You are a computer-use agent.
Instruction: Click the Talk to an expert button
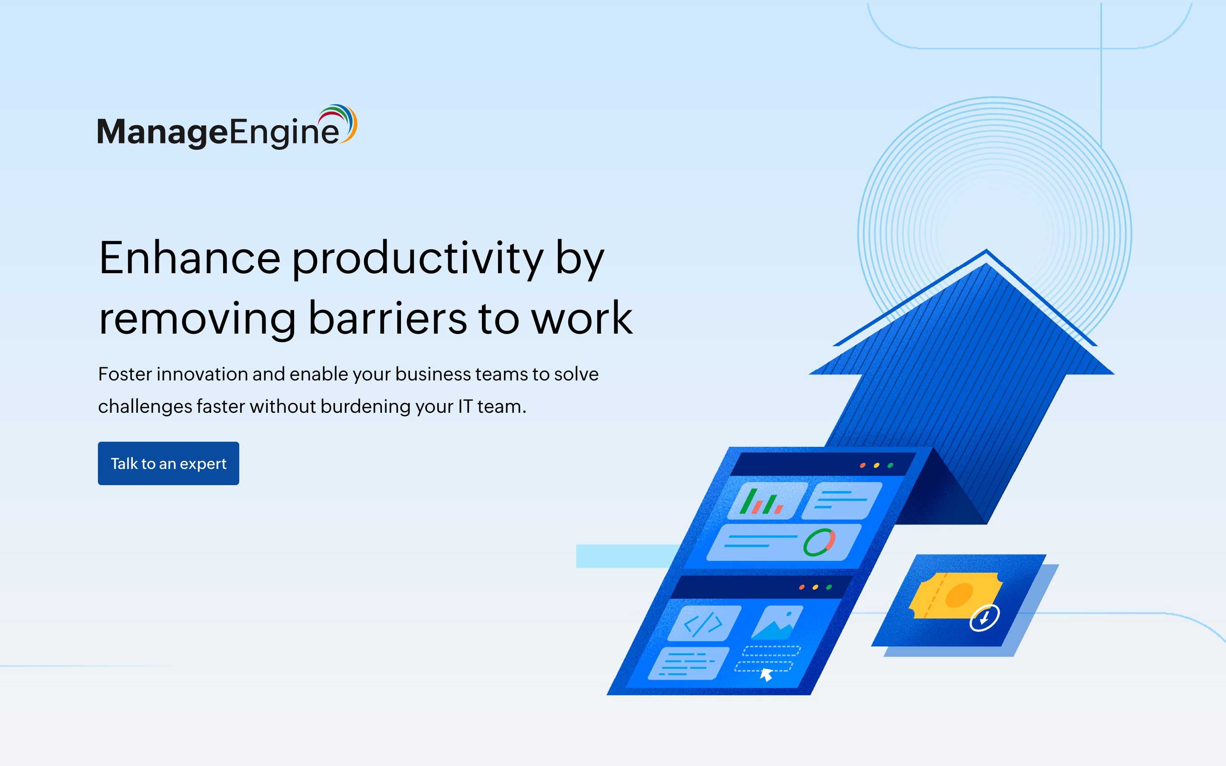168,463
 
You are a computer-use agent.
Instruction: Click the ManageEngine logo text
218,132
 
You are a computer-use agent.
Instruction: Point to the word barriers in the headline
387,319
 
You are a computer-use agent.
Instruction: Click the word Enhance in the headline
189,258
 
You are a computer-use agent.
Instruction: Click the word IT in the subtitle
464,407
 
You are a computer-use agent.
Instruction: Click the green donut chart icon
819,542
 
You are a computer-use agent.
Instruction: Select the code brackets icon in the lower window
703,623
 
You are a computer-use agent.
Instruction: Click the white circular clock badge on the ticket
984,617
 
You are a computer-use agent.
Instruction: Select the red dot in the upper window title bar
862,465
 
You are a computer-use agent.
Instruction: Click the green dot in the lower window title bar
829,587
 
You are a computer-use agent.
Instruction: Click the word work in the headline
581,319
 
